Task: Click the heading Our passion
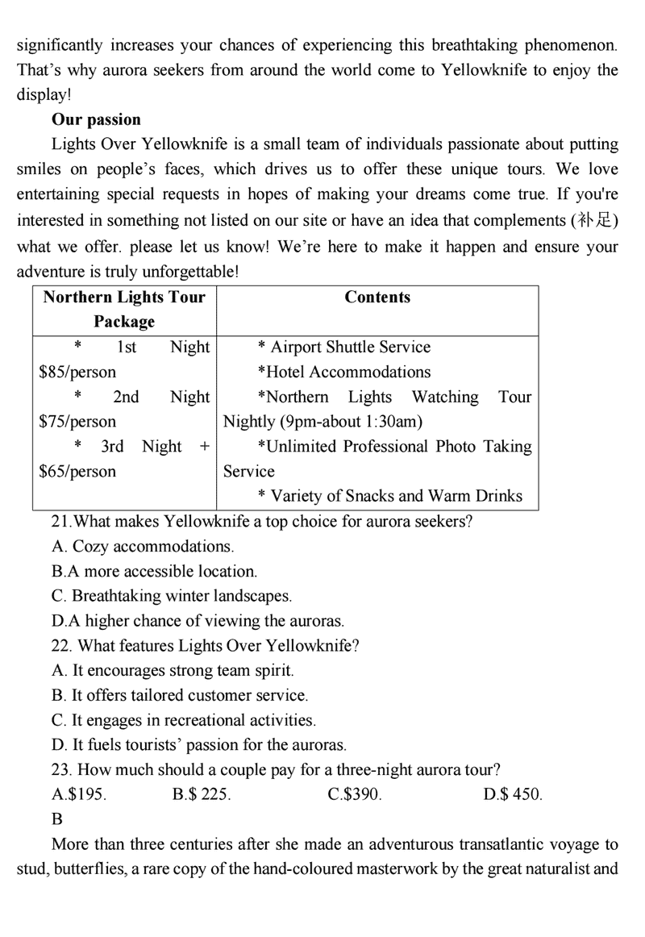tap(96, 120)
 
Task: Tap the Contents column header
tap(377, 298)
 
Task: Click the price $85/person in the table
tap(77, 373)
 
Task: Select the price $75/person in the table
tap(77, 422)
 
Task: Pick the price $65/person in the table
tap(77, 472)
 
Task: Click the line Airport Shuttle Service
tap(350, 348)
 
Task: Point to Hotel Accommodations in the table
tap(344, 373)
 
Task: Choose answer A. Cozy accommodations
tap(143, 547)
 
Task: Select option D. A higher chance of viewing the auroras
tap(198, 621)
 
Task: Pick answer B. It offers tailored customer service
tap(179, 695)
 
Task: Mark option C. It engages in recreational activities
tap(183, 720)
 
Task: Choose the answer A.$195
tap(79, 795)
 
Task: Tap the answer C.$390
tap(355, 795)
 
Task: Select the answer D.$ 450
tap(513, 795)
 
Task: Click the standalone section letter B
tap(56, 820)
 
